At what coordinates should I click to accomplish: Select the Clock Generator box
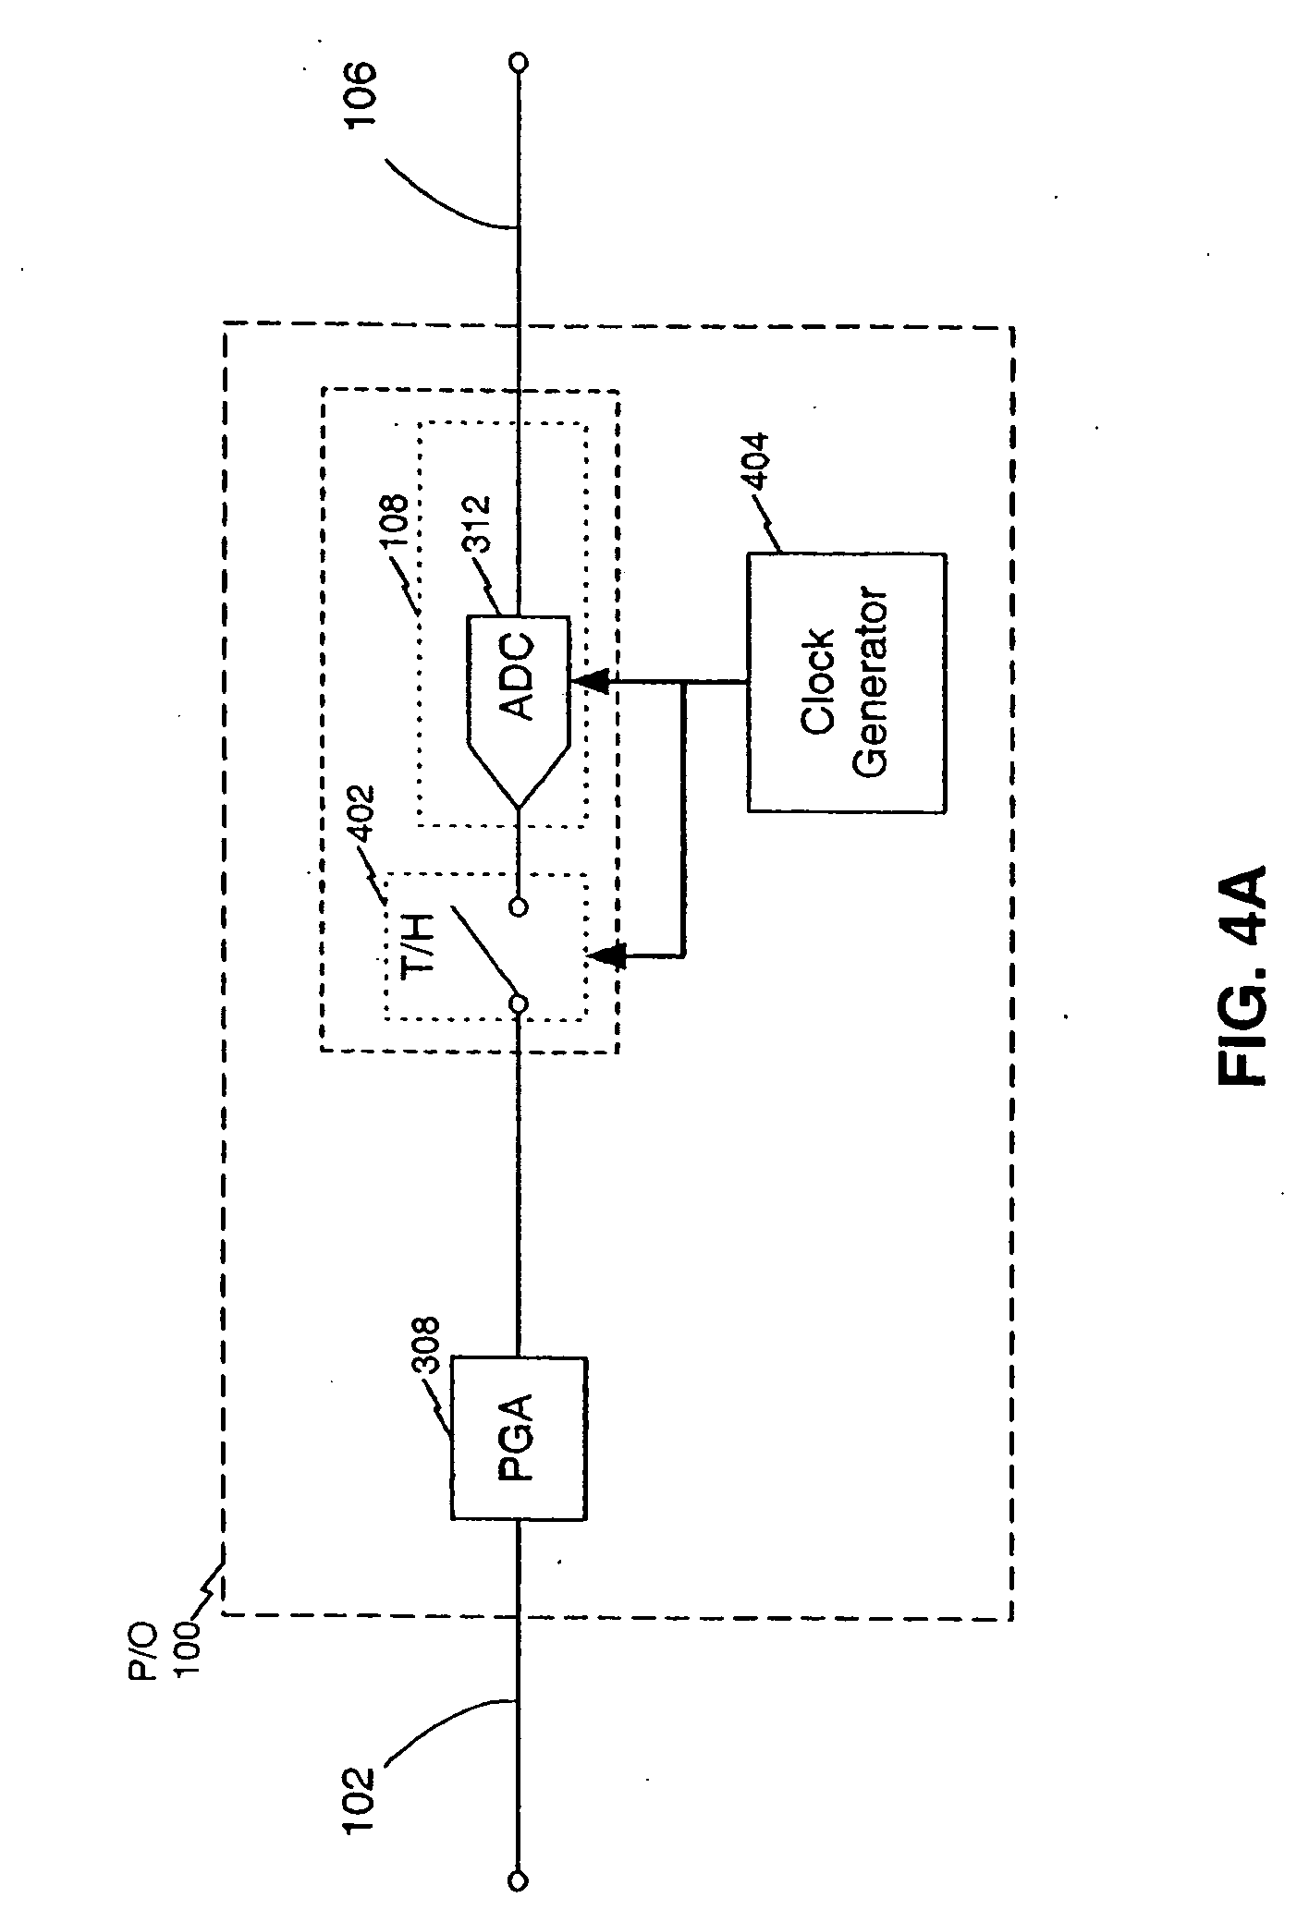click(846, 683)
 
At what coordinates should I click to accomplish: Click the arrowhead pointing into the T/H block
click(606, 955)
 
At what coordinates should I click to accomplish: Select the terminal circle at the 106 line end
click(520, 62)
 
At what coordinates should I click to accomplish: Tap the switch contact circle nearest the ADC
click(520, 906)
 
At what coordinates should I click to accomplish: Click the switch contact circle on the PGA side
click(520, 1004)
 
